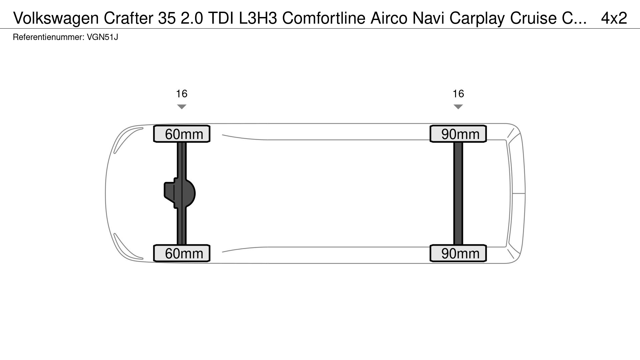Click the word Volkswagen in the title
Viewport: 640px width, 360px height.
click(x=56, y=18)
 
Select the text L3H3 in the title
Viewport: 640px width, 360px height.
click(x=258, y=18)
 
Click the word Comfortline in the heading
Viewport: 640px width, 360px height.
click(x=324, y=18)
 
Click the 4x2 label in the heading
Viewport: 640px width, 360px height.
click(x=614, y=18)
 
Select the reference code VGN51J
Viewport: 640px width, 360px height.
click(x=102, y=37)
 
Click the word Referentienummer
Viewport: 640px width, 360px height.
click(x=48, y=37)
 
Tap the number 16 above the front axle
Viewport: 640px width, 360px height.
click(x=182, y=94)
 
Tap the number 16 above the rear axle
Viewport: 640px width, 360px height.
click(x=458, y=94)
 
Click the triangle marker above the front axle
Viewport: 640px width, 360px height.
click(x=182, y=107)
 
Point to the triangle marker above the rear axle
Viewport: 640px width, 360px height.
click(x=458, y=107)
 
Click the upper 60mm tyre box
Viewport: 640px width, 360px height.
click(x=182, y=134)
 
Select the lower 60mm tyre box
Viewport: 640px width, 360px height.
click(x=182, y=253)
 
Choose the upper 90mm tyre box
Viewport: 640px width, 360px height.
click(x=458, y=134)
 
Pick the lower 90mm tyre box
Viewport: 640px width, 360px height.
click(x=458, y=253)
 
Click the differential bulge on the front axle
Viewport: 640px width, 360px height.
click(x=180, y=193)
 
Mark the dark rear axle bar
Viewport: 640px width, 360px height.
click(x=458, y=193)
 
